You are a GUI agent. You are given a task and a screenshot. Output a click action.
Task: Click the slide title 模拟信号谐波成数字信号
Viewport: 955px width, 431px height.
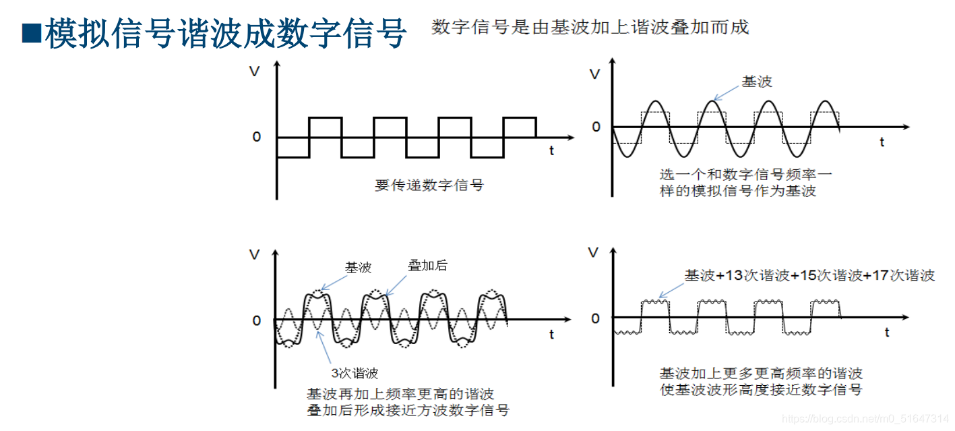click(x=225, y=33)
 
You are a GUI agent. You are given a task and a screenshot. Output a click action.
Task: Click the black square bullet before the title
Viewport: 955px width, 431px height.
click(x=32, y=33)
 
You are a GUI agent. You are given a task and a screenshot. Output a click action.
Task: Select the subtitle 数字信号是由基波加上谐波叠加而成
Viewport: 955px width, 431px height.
click(x=590, y=27)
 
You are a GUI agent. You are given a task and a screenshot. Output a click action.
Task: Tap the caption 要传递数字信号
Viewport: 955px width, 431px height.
click(x=429, y=185)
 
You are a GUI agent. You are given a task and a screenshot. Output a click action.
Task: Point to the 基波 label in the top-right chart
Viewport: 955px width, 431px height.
click(x=756, y=82)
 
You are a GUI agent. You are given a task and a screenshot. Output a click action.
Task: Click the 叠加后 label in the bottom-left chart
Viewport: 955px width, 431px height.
click(x=427, y=265)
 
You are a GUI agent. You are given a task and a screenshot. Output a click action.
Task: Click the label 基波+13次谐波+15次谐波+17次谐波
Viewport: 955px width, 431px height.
click(x=809, y=275)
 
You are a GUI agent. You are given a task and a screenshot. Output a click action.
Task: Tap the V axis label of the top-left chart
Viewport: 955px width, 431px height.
click(x=254, y=71)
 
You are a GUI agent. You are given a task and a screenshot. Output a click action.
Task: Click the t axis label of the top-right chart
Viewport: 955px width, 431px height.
click(x=882, y=142)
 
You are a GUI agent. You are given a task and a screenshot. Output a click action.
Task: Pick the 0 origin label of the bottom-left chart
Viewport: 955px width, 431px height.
click(x=256, y=320)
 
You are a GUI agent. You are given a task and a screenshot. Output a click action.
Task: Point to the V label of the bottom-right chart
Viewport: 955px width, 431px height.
click(x=593, y=253)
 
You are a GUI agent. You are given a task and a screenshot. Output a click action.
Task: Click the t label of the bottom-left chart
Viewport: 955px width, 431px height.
click(x=551, y=335)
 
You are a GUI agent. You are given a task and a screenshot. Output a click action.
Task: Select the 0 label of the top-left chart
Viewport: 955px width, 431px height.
click(x=256, y=137)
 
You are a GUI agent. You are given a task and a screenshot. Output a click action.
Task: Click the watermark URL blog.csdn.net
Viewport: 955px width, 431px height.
click(x=866, y=419)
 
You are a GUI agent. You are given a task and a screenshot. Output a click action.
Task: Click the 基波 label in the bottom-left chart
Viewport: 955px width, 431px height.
click(x=358, y=268)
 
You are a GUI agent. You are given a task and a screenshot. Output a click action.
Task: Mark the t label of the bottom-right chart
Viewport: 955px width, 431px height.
click(x=886, y=333)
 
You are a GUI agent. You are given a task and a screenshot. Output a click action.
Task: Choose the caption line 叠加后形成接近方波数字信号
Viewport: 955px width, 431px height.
click(x=408, y=410)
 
